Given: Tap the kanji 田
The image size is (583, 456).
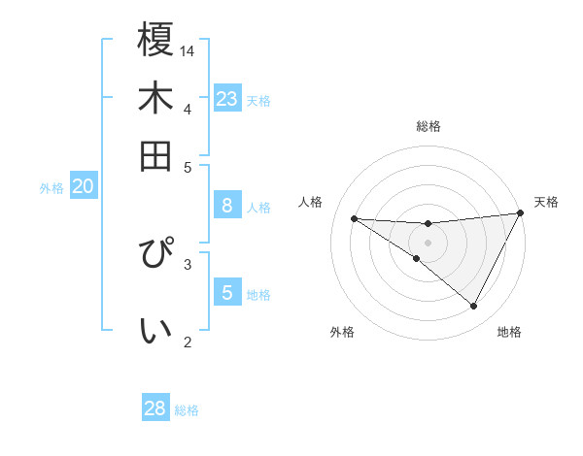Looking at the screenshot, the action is pos(155,156).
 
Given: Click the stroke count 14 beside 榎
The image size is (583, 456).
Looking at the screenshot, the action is pos(188,50).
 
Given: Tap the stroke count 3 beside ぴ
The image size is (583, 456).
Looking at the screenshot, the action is pos(188,263).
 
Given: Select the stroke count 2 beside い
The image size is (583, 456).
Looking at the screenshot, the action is pos(188,342).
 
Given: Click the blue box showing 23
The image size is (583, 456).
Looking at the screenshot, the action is pos(227,99).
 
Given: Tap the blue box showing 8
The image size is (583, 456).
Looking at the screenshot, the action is pos(227,205).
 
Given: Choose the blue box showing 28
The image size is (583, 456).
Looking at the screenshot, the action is pos(155,408).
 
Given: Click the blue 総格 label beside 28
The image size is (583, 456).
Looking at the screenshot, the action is pos(187,410).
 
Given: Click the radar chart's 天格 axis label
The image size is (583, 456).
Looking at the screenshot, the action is pos(546,202).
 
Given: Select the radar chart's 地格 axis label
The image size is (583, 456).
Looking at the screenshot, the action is pos(509,332).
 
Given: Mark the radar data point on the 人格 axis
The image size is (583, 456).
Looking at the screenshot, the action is pos(354,218).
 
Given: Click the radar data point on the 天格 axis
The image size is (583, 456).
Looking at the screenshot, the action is pos(521,213).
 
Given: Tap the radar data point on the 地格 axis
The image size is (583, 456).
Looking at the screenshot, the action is pos(474,307).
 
